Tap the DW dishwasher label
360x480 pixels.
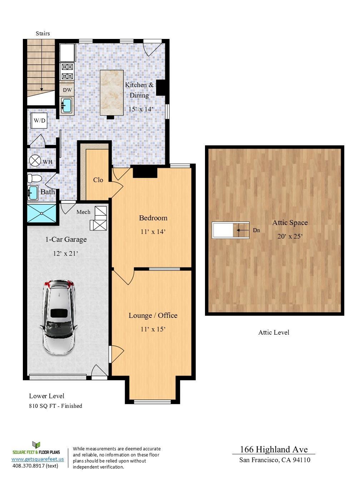[x=67, y=90]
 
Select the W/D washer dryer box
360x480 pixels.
[x=39, y=121]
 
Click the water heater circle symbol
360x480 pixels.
[x=35, y=161]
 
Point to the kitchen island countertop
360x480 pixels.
[x=111, y=92]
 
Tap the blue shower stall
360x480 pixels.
[x=42, y=214]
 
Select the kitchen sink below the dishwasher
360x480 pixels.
[x=67, y=106]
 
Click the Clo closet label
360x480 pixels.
[x=98, y=180]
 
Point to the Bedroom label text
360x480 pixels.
[x=153, y=218]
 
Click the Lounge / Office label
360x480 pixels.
[x=153, y=315]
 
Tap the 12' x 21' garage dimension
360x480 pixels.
[x=65, y=254]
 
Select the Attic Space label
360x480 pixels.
[x=290, y=223]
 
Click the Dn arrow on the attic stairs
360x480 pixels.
[x=243, y=230]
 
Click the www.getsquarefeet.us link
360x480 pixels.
[x=37, y=459]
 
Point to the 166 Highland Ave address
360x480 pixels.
[x=274, y=449]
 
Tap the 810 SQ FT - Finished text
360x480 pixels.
[x=55, y=406]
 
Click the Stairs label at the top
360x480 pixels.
[x=42, y=34]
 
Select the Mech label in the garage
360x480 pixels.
[x=83, y=212]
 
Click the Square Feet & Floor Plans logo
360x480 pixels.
[x=36, y=448]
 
